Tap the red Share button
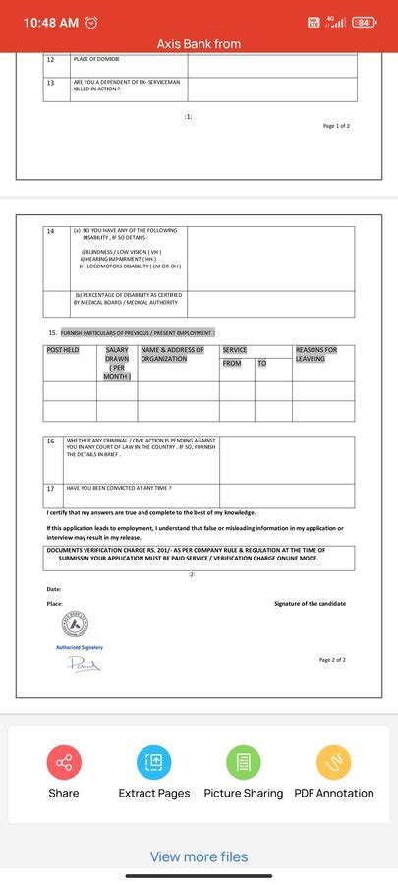coord(64,762)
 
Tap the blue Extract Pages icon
coord(153,762)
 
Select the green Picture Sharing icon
coord(243,762)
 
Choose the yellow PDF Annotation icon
coord(333,762)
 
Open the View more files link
coord(199,856)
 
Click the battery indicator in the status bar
coord(365,22)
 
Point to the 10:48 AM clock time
coord(50,22)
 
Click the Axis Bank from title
coord(199,44)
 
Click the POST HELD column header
coord(63,350)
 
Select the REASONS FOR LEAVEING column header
coord(315,355)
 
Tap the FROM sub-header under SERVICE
coord(232,364)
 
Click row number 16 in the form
coord(51,442)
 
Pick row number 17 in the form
coord(51,488)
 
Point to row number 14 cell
coord(51,231)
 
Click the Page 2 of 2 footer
coord(332,660)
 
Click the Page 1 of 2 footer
coord(336,126)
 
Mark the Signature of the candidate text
coord(310,604)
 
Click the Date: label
coord(54,589)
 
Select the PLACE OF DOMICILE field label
coord(95,60)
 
